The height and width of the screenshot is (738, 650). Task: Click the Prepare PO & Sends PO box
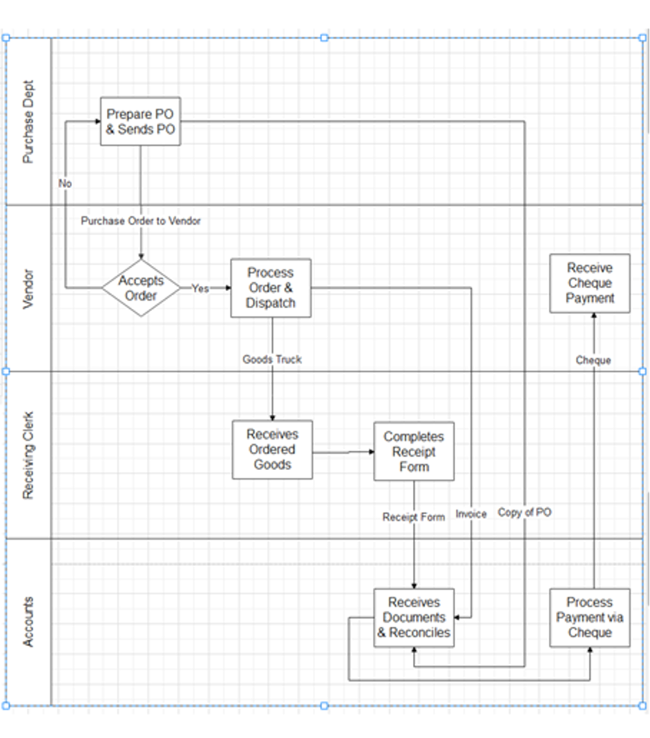[x=140, y=122]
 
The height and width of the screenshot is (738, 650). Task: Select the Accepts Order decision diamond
[x=141, y=288]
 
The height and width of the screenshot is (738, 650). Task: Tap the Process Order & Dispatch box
[x=270, y=288]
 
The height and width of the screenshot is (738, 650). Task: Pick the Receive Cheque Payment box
[x=589, y=283]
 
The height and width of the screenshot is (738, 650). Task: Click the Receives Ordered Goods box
[x=272, y=450]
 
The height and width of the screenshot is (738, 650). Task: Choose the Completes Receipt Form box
[x=414, y=452]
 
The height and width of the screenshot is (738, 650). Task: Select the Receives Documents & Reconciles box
[x=414, y=618]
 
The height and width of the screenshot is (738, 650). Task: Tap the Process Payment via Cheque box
[x=589, y=618]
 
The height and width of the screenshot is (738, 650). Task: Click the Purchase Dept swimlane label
[x=28, y=122]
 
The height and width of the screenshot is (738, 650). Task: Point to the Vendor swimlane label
[x=28, y=289]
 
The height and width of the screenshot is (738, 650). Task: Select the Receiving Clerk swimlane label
[x=28, y=455]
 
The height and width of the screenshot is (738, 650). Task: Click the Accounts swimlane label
[x=28, y=622]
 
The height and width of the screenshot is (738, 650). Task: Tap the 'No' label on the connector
[x=65, y=184]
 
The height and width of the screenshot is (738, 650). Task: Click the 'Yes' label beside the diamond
[x=200, y=289]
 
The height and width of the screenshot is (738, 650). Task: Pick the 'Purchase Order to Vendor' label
[x=141, y=221]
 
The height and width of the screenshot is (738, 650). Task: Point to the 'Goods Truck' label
[x=272, y=359]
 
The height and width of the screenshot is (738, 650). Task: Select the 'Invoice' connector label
[x=471, y=514]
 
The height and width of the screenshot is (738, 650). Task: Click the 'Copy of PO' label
[x=524, y=513]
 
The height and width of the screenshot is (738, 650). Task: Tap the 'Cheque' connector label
[x=593, y=360]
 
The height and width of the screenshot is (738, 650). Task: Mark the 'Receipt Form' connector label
[x=414, y=517]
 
